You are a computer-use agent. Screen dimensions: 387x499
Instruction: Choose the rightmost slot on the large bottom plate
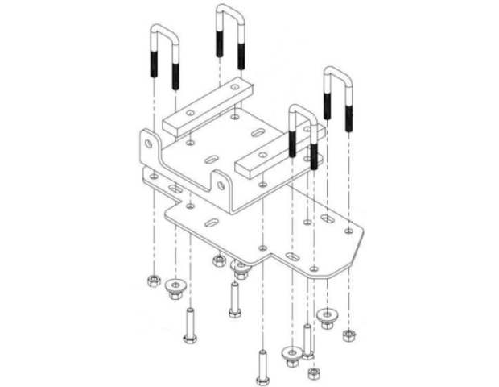(x=331, y=218)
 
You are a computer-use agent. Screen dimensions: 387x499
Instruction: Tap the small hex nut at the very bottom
(x=312, y=374)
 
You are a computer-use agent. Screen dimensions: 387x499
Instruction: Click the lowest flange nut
(x=292, y=353)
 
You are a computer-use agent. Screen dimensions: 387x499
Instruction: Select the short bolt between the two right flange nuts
(x=307, y=339)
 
